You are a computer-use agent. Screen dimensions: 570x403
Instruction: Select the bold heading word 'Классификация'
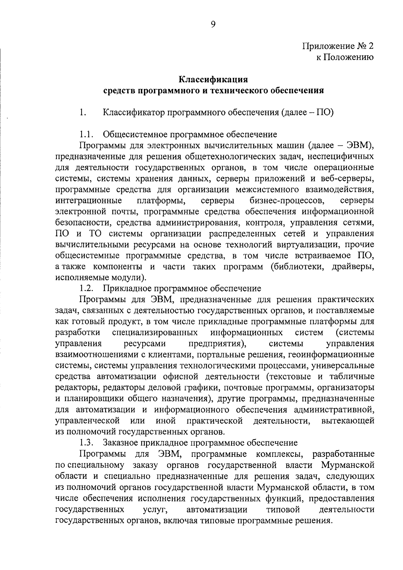[213, 80]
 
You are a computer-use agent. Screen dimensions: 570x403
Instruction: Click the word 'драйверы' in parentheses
[353, 267]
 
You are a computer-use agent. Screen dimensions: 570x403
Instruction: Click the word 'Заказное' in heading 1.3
[120, 443]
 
